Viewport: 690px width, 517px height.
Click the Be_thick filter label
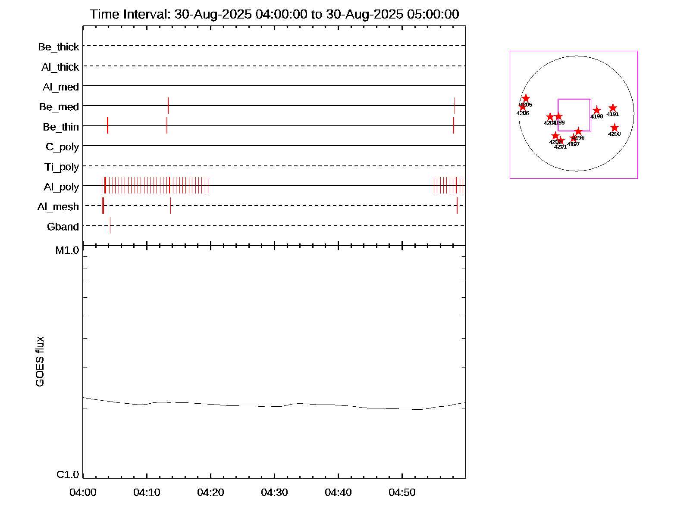tap(59, 47)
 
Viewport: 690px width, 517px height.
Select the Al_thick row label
tap(60, 67)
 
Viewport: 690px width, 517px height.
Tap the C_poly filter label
tap(63, 147)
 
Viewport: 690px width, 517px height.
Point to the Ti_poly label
tap(62, 167)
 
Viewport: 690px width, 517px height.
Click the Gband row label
tap(63, 227)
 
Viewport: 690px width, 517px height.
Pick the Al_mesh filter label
tap(58, 207)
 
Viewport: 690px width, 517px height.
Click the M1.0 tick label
tap(67, 250)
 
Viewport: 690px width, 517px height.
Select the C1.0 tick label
tap(68, 475)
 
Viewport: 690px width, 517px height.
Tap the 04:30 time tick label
tap(274, 492)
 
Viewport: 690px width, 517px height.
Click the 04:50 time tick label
tap(402, 492)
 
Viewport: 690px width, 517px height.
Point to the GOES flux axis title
tap(40, 362)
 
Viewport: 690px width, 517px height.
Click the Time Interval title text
tap(274, 14)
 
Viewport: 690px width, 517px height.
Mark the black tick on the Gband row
tap(110, 225)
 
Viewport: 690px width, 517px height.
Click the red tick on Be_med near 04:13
tap(168, 106)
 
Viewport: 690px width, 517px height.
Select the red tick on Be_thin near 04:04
tap(107, 125)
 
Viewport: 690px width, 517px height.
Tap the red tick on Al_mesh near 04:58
tap(457, 206)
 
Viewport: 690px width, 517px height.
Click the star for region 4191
tap(613, 108)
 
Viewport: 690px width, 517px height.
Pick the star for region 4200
tap(615, 128)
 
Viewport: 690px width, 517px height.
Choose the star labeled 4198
tap(596, 110)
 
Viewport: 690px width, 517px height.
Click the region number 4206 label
tap(523, 113)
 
